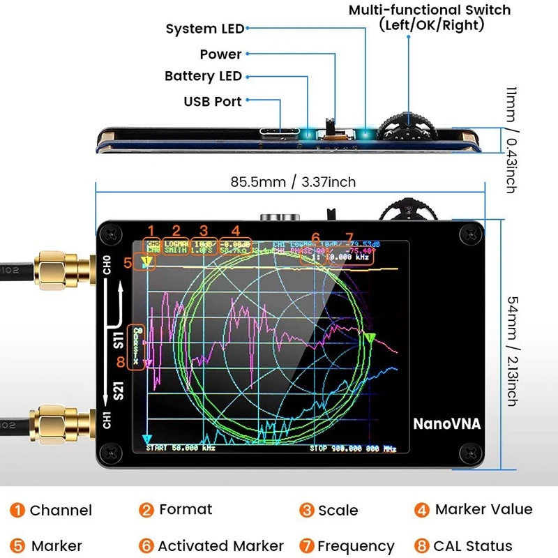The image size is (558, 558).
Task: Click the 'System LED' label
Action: (204, 29)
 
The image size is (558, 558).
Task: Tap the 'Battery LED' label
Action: (203, 76)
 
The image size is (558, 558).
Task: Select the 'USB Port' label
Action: (212, 101)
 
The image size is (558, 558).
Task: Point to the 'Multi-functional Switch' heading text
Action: (430, 10)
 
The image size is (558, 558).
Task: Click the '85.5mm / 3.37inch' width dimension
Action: (293, 182)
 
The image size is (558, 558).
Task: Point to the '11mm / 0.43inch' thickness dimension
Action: (511, 140)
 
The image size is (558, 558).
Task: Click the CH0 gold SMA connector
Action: (57, 265)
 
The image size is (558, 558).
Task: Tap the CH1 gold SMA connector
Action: (57, 422)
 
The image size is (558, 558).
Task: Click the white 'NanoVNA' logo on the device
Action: (446, 423)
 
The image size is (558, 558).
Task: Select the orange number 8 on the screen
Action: (121, 361)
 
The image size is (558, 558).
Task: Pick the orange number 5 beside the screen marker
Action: (127, 263)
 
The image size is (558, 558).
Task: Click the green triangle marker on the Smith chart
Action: (370, 338)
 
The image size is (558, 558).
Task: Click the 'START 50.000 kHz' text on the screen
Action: (178, 448)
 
